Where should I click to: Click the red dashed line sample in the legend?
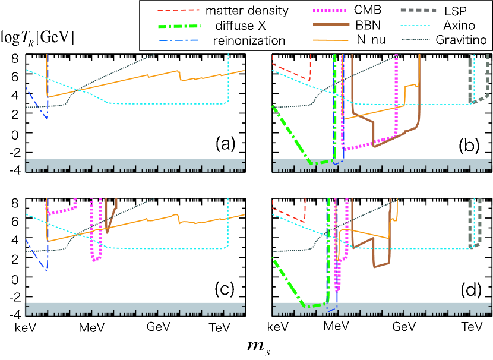click(178, 10)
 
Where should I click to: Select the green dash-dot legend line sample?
click(179, 26)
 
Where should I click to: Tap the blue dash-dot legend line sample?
click(179, 40)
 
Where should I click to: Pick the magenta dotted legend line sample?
click(330, 10)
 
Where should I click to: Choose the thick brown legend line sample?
click(331, 24)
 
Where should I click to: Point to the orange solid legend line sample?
click(330, 40)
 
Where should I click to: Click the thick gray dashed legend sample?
click(418, 10)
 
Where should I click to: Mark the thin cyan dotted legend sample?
click(415, 26)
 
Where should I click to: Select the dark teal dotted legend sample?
click(415, 40)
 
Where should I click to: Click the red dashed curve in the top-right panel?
click(291, 71)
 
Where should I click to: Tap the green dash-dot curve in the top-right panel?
click(291, 133)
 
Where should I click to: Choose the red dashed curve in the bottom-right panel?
click(288, 216)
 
